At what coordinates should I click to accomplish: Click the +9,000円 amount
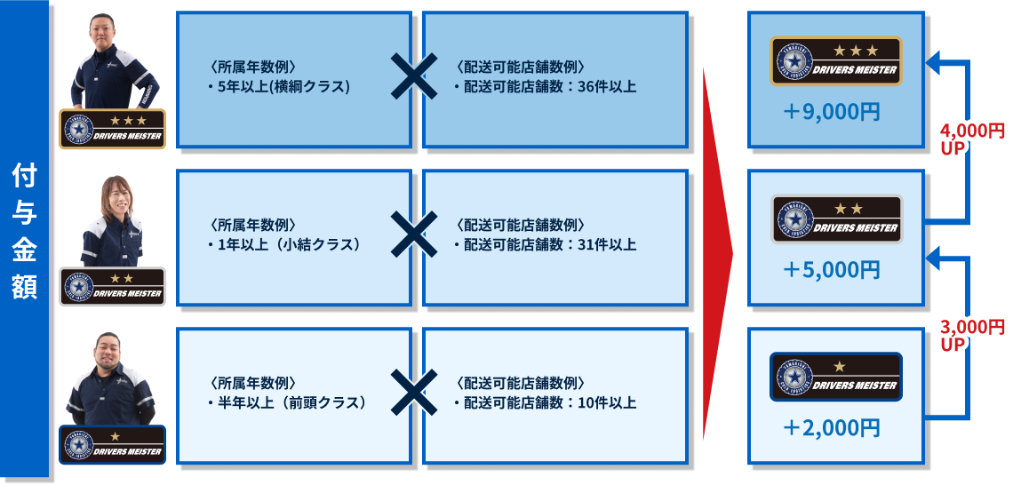pyautogui.click(x=832, y=113)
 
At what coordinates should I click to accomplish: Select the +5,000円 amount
pyautogui.click(x=832, y=270)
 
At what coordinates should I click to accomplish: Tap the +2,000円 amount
pyautogui.click(x=832, y=428)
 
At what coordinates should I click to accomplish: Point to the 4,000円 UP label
pyautogui.click(x=971, y=139)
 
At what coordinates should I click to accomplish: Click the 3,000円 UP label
pyautogui.click(x=971, y=335)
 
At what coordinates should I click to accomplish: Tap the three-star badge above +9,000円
pyautogui.click(x=835, y=61)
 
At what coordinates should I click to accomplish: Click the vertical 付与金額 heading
pyautogui.click(x=24, y=233)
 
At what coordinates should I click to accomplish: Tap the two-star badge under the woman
pyautogui.click(x=113, y=287)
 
